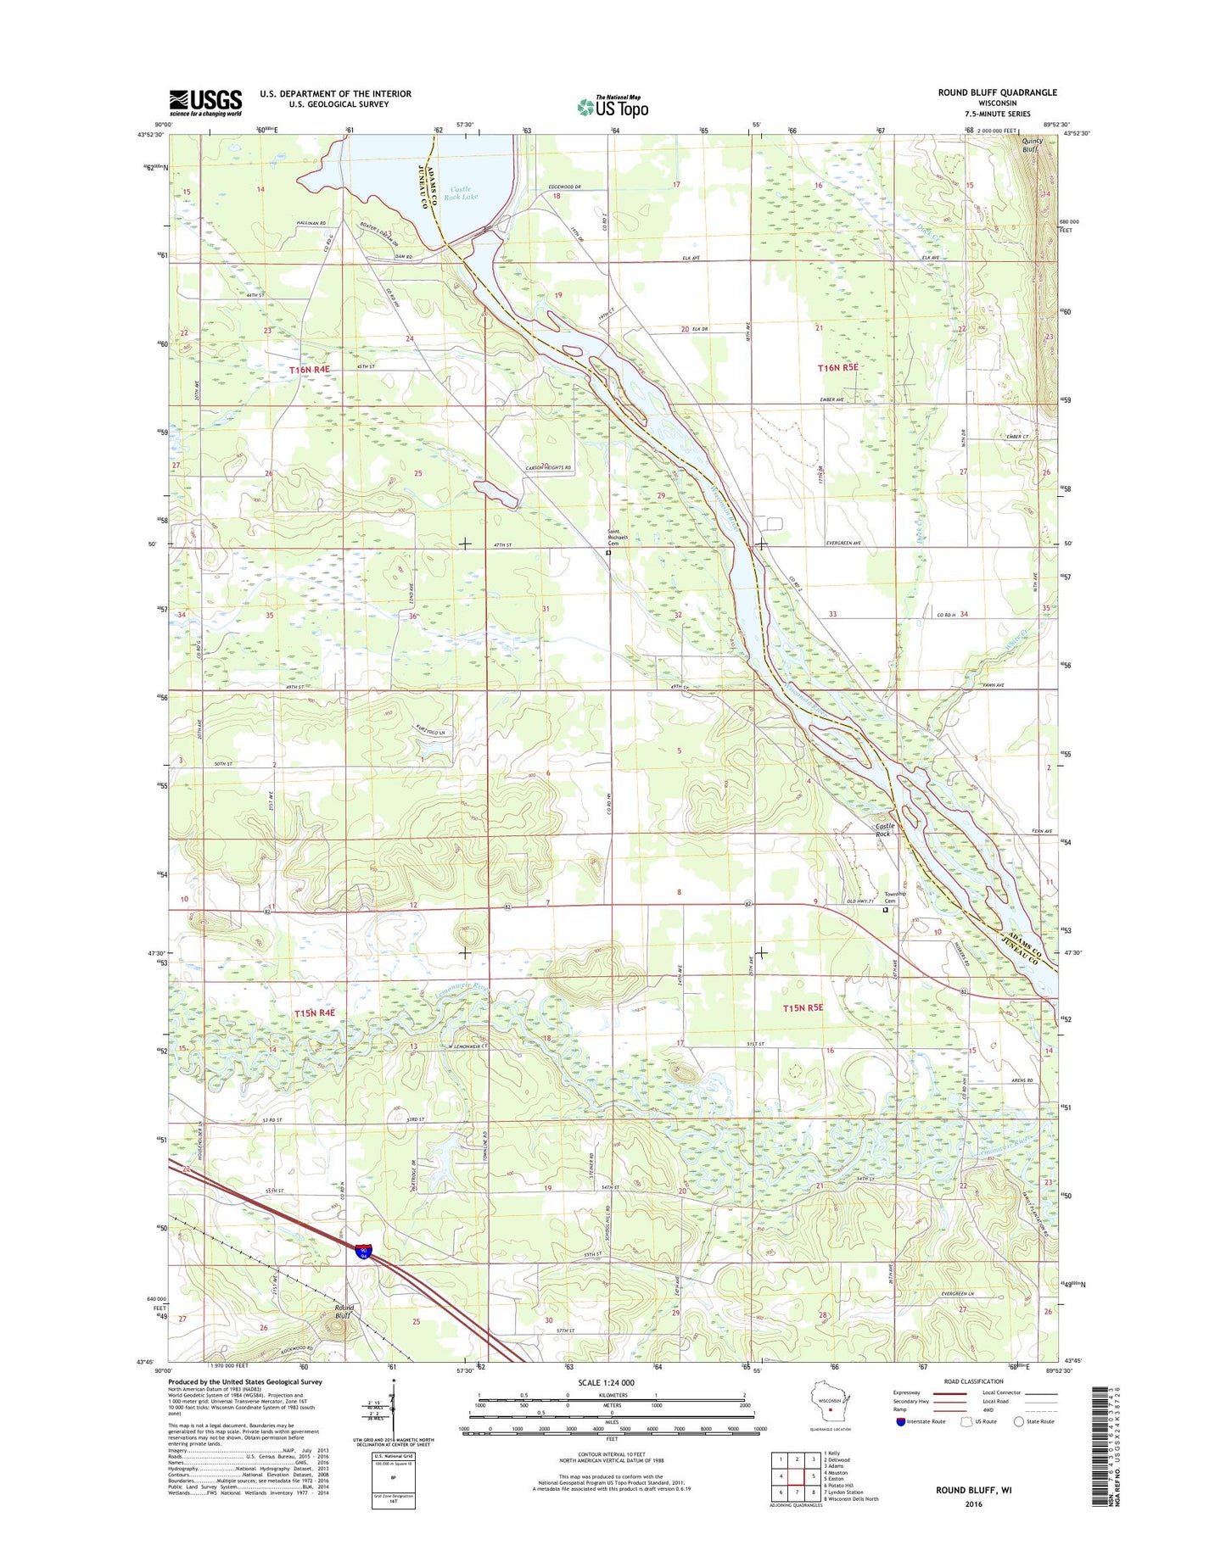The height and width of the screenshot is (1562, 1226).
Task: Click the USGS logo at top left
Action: (x=205, y=103)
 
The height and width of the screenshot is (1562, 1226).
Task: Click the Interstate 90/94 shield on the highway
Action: (x=364, y=1250)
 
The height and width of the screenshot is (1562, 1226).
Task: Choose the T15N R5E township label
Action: (x=803, y=1007)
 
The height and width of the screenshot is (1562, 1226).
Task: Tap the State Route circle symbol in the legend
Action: (x=1018, y=1421)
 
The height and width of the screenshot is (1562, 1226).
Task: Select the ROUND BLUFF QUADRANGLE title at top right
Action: (x=997, y=92)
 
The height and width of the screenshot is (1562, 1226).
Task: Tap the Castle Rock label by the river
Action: (x=884, y=829)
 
